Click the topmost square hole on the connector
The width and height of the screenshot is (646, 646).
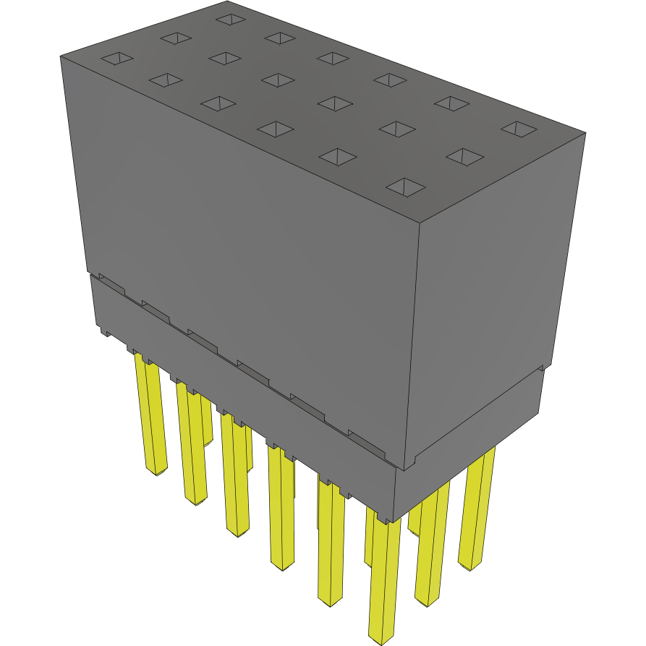click(230, 19)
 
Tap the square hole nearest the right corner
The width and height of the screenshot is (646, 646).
click(518, 129)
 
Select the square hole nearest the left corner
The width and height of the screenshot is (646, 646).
click(116, 59)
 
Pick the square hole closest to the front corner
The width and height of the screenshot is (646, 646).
click(407, 187)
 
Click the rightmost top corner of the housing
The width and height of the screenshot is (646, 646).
click(585, 133)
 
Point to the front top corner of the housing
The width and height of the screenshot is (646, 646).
click(420, 220)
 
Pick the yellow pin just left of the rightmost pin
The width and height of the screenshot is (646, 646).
click(432, 543)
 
